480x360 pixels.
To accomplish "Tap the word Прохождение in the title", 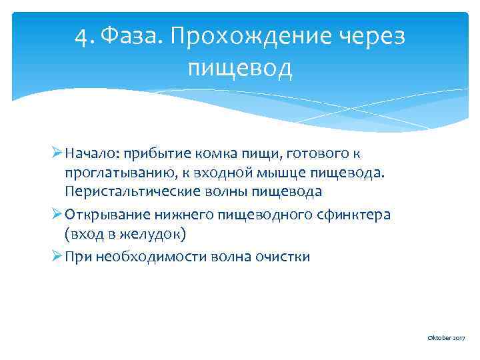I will pos(250,35).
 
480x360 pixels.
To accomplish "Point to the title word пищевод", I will pos(240,67).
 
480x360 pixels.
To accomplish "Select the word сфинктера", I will pos(353,216).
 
